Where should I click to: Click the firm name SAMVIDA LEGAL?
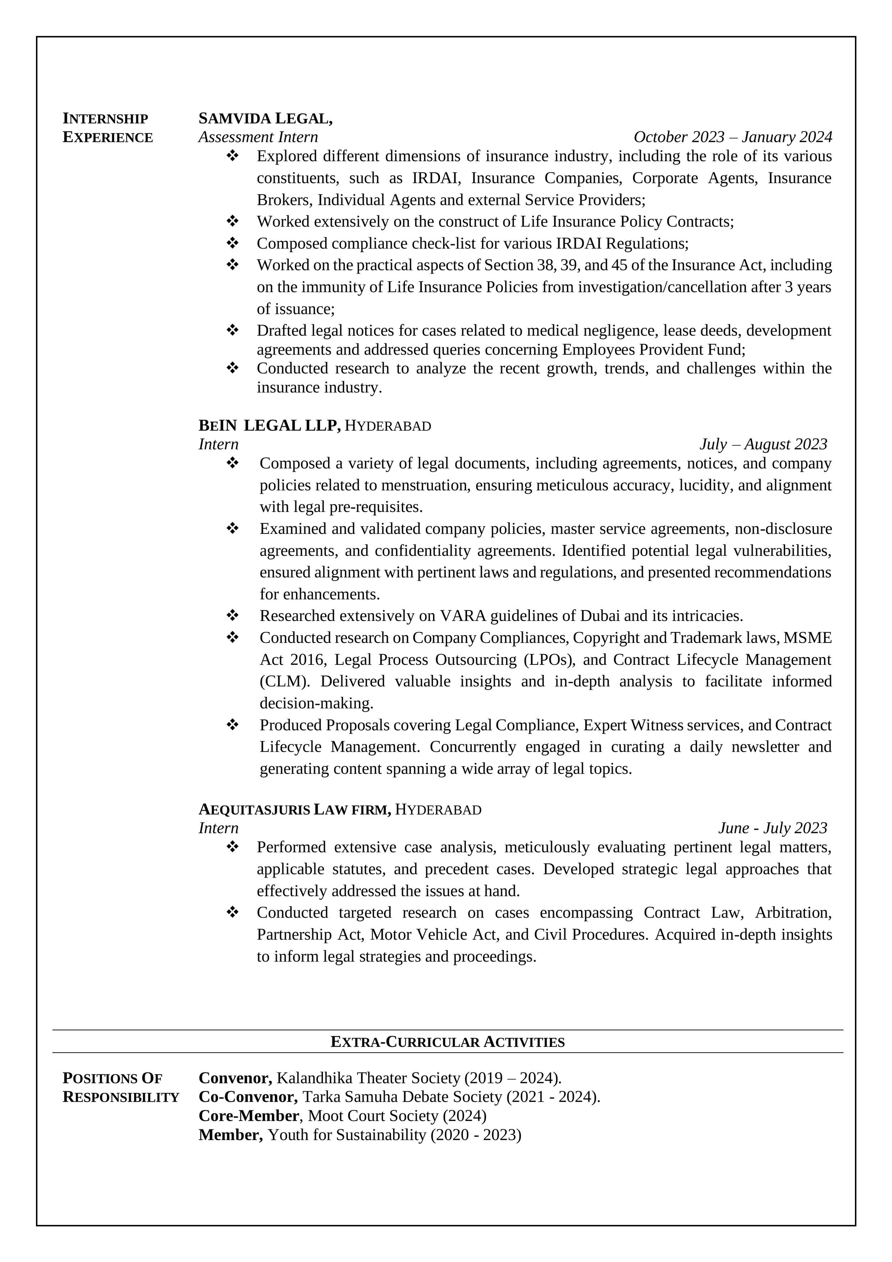point(265,119)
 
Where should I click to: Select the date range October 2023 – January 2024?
point(733,137)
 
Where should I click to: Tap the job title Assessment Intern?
point(258,137)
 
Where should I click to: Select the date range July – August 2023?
point(763,444)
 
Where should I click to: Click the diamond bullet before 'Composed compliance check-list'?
point(232,243)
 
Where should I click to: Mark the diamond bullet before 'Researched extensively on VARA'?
point(232,615)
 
